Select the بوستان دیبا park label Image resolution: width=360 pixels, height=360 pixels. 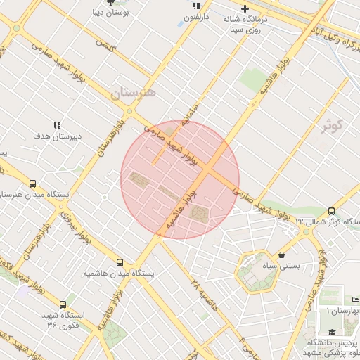[110, 13]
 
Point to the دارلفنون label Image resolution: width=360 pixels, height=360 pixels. [196, 16]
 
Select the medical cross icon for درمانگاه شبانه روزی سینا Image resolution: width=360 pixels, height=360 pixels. [245, 8]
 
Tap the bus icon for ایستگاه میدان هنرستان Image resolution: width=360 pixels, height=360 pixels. [33, 184]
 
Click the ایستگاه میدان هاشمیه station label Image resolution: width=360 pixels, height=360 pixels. [120, 272]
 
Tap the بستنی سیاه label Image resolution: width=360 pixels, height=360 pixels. [282, 266]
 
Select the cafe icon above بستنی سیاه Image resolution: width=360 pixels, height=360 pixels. [282, 255]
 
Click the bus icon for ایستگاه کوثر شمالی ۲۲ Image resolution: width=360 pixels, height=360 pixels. [331, 211]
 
